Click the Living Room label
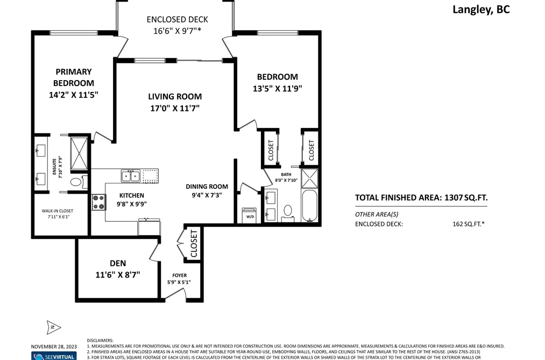(175, 97)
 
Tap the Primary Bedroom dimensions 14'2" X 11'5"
(74, 95)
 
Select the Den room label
(118, 263)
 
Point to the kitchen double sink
(131, 176)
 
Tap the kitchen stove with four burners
(98, 202)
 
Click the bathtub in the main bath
(309, 206)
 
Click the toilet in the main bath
(288, 212)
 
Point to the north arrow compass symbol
(53, 327)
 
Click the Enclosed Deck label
(177, 19)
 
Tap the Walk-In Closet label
(58, 211)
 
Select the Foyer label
(179, 276)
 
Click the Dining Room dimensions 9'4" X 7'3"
(207, 195)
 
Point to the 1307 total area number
(454, 197)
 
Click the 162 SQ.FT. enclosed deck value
(469, 224)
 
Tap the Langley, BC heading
(481, 10)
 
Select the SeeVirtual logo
(54, 356)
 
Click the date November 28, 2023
(54, 347)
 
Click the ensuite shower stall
(79, 153)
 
